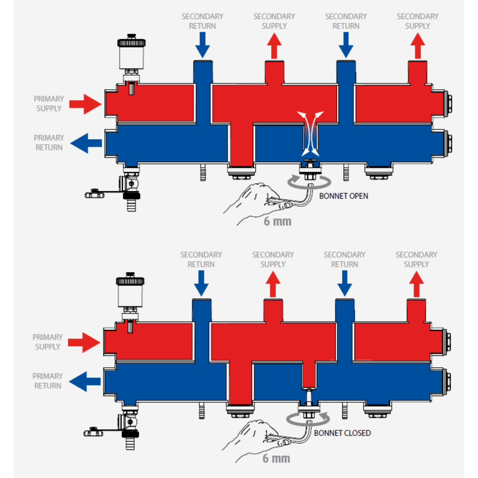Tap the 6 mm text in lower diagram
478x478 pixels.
[277, 459]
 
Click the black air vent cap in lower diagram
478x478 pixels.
[128, 280]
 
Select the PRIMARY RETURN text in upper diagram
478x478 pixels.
[48, 143]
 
